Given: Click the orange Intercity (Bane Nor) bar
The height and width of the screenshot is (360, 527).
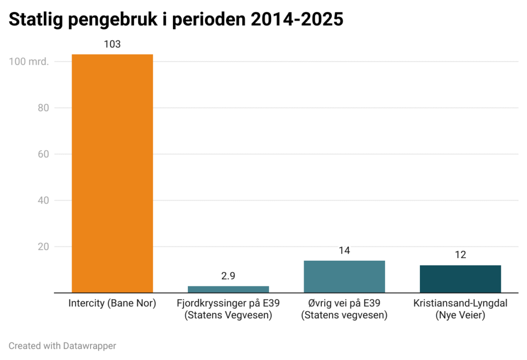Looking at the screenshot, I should [x=112, y=173].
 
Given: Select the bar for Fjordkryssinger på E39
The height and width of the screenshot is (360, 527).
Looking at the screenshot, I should [x=228, y=290].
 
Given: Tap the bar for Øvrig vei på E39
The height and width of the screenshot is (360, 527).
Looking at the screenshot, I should [x=344, y=277].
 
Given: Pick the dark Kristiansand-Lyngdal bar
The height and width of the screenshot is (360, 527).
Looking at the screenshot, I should [x=460, y=279].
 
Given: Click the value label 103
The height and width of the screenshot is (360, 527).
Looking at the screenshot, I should [x=112, y=44].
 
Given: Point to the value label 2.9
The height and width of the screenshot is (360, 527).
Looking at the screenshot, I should [x=228, y=276].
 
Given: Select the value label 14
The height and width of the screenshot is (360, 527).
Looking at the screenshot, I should [x=344, y=251].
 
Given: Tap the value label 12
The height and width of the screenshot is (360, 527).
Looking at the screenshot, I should [x=460, y=255].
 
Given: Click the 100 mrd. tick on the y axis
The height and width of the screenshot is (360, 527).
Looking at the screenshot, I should [x=29, y=62].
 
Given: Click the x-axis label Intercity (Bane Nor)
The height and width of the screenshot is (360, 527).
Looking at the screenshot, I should [x=112, y=303].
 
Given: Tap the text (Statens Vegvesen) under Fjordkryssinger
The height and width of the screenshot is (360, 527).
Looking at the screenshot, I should [x=228, y=315].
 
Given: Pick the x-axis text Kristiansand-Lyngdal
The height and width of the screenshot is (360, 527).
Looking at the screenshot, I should [x=460, y=303].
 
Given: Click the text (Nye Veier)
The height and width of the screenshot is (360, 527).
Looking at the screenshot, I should [x=460, y=315].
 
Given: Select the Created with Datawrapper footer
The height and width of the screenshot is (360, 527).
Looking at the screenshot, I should [x=62, y=346].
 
